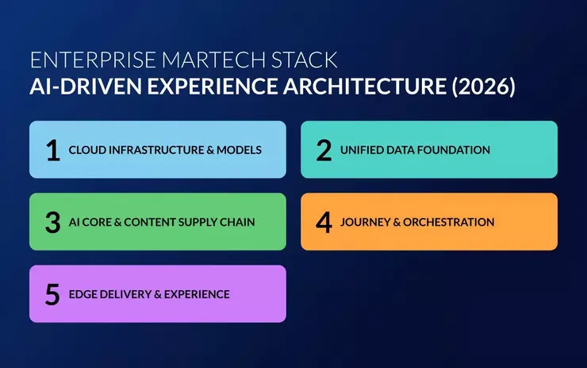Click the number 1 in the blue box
[53, 150]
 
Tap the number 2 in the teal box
[324, 150]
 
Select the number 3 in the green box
[53, 223]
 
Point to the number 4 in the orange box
[324, 223]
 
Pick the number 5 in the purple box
[53, 294]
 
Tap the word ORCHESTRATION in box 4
[448, 223]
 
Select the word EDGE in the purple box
[82, 294]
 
